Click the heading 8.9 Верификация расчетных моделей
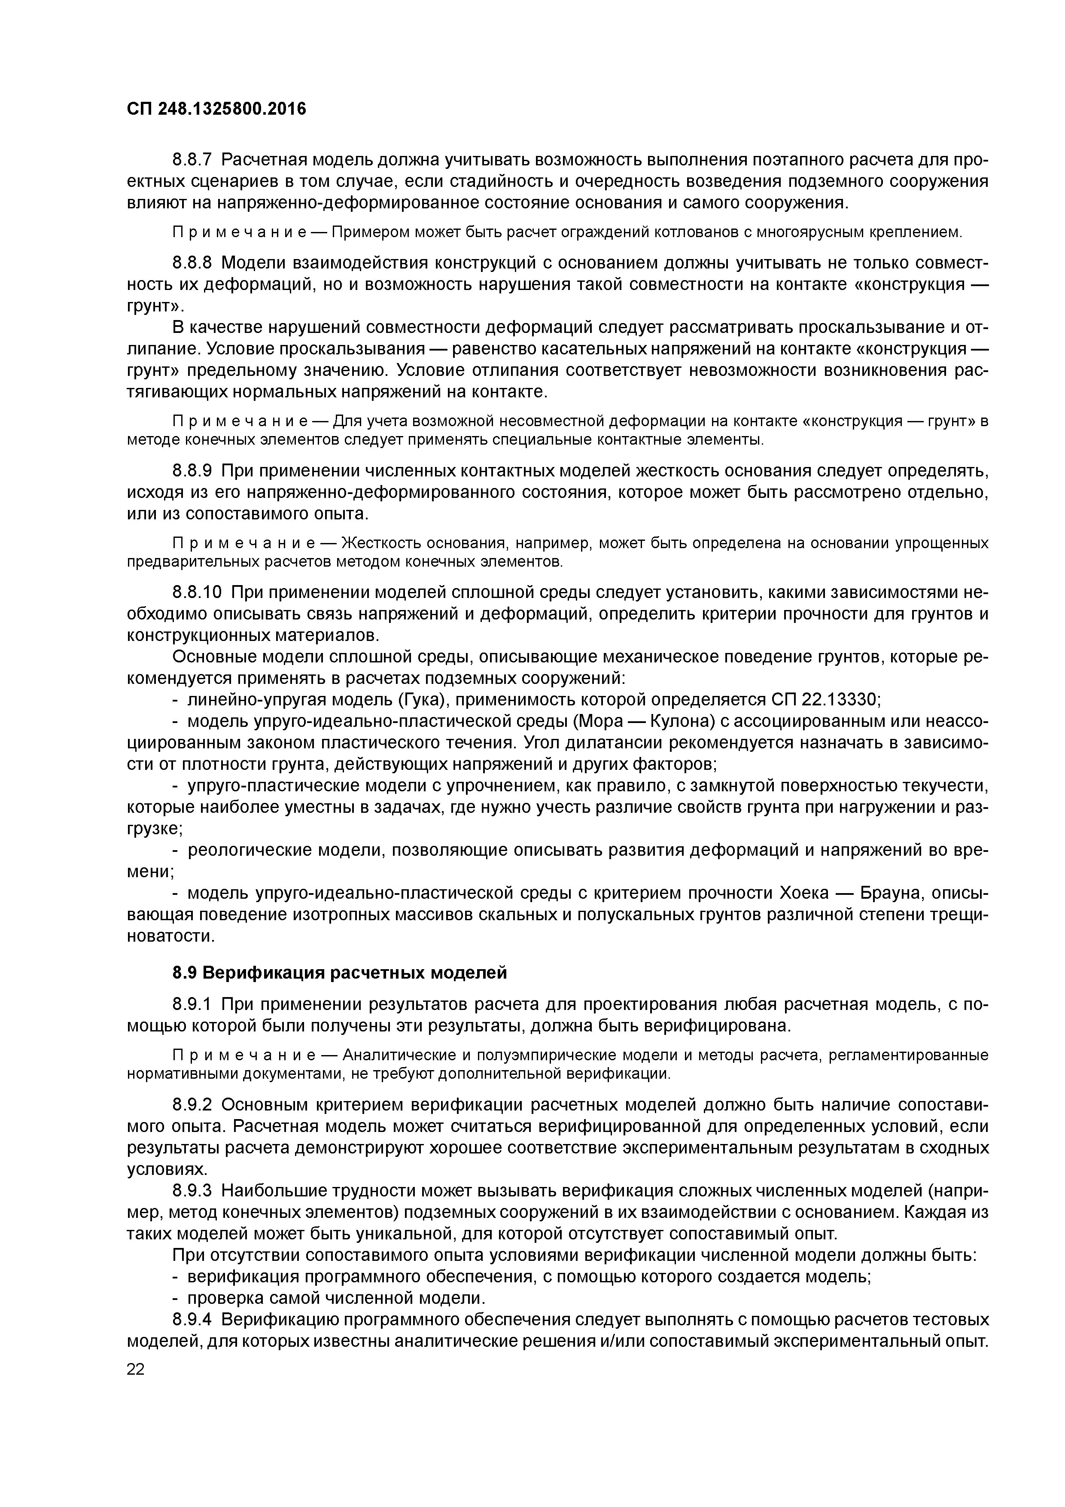pos(339,973)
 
